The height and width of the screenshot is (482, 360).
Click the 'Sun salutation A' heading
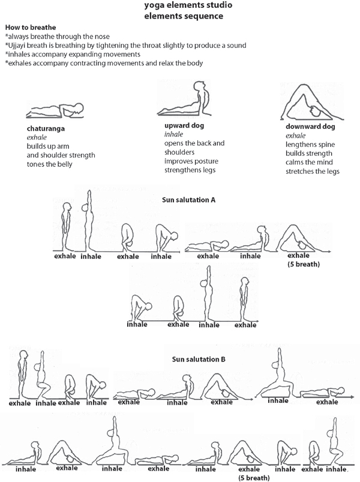point(188,200)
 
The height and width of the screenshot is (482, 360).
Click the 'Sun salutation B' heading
point(199,359)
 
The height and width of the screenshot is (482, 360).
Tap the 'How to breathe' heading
point(31,28)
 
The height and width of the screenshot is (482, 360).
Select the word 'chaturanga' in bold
point(46,128)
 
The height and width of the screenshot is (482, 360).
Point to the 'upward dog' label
point(184,125)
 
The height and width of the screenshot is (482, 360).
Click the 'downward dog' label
point(310,126)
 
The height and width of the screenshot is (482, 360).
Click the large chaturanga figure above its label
point(55,110)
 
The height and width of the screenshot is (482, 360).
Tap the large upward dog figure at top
point(184,99)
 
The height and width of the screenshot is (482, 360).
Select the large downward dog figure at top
point(311,102)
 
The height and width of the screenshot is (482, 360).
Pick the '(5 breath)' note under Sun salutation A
point(304,264)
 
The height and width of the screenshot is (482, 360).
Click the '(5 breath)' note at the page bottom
point(254,478)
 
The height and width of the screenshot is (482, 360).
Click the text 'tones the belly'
point(49,164)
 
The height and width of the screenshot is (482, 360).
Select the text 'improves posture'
point(191,161)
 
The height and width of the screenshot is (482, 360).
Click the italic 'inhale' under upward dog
point(173,134)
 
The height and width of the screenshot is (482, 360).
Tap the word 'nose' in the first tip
point(102,37)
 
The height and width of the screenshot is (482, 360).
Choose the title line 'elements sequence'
point(184,16)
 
